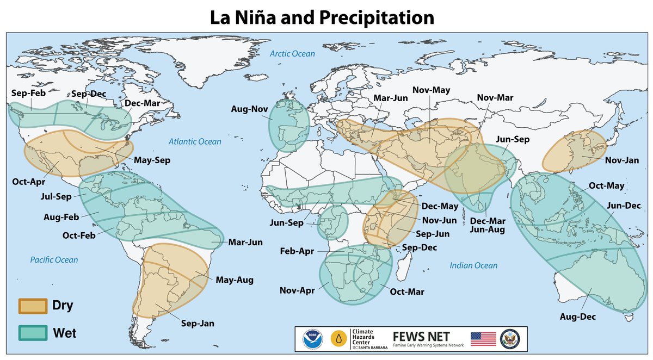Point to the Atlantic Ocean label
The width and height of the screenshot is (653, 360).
coord(194,142)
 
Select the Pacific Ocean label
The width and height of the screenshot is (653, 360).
coord(54,260)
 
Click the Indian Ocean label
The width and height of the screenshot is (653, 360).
coord(473,265)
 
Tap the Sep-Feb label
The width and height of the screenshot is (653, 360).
coord(28,94)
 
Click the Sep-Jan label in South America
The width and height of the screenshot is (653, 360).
coord(198,324)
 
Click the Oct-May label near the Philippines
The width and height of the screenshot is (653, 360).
coord(607,186)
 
